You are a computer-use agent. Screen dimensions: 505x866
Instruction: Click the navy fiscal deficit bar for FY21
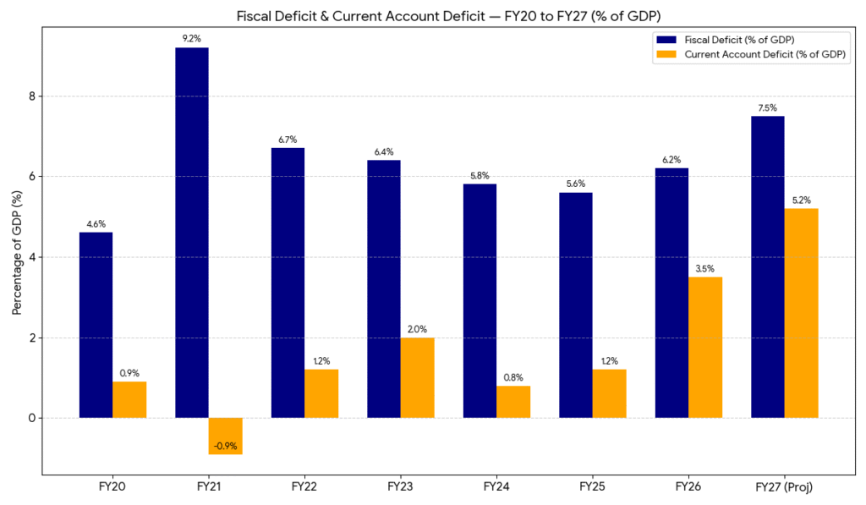click(x=192, y=233)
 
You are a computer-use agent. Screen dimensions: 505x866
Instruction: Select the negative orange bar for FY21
click(x=226, y=436)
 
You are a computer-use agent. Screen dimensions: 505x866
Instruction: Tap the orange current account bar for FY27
click(x=802, y=313)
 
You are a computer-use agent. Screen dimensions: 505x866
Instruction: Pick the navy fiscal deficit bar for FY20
click(x=96, y=325)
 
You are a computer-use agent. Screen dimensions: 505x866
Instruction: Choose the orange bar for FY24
click(x=513, y=402)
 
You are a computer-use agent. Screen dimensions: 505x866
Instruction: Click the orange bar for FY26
click(x=705, y=347)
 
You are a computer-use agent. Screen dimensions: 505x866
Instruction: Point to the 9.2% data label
click(x=192, y=38)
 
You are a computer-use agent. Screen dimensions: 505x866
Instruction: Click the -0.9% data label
click(x=226, y=445)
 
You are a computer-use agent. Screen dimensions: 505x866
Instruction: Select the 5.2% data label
click(x=802, y=200)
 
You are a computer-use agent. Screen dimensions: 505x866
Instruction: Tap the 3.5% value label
click(x=705, y=268)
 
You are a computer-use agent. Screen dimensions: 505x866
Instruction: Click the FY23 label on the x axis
click(x=400, y=487)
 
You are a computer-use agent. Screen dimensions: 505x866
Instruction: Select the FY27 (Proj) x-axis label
click(x=784, y=487)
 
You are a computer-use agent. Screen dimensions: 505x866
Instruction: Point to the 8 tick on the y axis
click(x=32, y=96)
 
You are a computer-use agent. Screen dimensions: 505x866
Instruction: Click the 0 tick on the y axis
click(x=32, y=418)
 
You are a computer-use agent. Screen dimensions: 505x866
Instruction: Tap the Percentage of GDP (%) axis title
click(x=17, y=253)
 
